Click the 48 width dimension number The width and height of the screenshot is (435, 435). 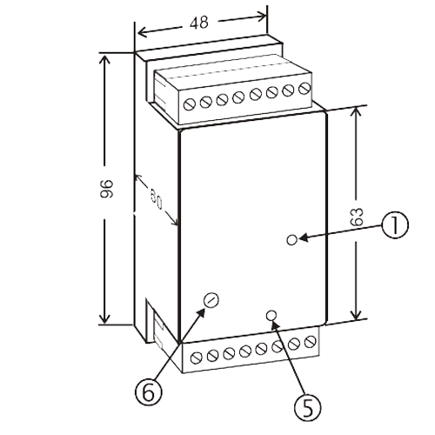199,23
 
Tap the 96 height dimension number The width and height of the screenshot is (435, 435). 106,189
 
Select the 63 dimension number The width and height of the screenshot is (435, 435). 357,217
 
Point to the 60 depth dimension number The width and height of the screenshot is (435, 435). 157,199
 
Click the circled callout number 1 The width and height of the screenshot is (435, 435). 395,224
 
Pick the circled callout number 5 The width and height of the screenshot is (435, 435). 308,407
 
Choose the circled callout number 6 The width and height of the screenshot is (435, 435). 149,391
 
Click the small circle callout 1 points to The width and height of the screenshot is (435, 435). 291,240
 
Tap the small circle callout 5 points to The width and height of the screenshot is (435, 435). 271,316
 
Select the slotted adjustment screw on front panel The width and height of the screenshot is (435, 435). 211,300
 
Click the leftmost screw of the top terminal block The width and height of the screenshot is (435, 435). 189,104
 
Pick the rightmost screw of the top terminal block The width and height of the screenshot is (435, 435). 304,88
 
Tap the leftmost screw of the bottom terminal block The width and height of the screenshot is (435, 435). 197,358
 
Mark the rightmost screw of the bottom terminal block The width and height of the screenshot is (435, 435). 310,341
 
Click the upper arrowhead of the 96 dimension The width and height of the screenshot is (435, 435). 104,60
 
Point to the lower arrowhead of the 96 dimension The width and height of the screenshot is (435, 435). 104,317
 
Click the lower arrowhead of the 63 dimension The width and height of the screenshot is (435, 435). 356,313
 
